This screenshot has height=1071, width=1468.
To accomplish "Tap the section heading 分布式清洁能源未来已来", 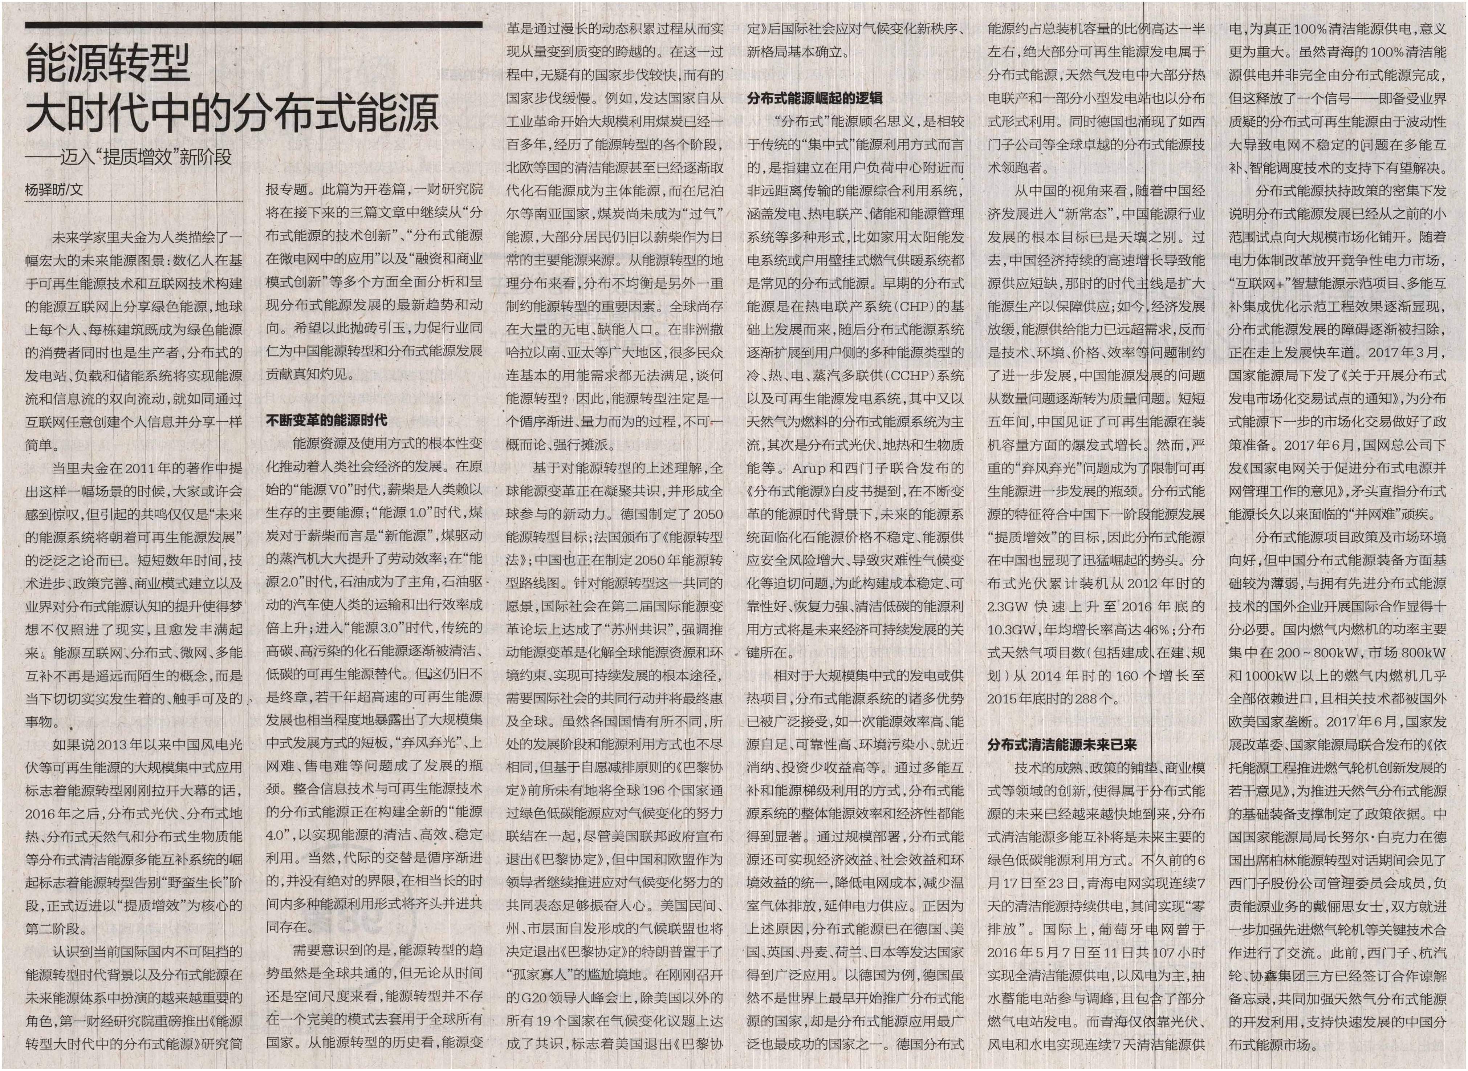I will click(x=1062, y=745).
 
